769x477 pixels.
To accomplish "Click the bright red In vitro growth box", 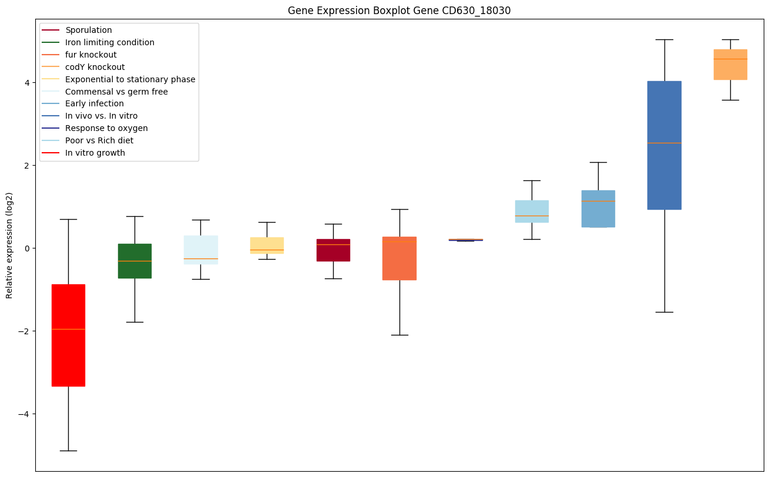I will point(68,335).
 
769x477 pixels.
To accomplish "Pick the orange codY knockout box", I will point(730,64).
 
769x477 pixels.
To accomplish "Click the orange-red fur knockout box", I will point(399,258).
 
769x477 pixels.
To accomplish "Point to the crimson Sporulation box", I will point(333,250).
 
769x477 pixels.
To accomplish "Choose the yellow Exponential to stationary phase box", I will point(267,245).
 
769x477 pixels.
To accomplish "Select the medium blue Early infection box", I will point(598,209).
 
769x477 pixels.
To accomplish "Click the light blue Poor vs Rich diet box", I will point(532,211).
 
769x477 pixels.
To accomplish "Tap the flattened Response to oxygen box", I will point(466,240).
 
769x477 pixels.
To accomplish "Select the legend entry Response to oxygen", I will point(106,128).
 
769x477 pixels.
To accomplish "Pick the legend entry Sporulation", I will point(89,30).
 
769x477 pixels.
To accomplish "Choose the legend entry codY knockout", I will point(95,67).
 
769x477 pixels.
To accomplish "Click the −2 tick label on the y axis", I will point(25,331).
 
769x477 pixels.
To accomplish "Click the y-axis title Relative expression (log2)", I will point(9,245).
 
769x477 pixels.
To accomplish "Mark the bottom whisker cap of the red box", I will point(68,451).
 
